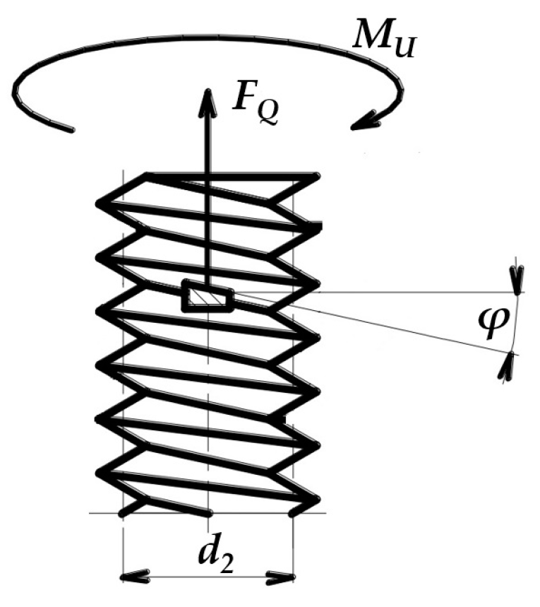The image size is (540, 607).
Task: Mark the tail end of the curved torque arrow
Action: point(71,129)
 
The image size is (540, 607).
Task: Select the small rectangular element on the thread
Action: point(207,295)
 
